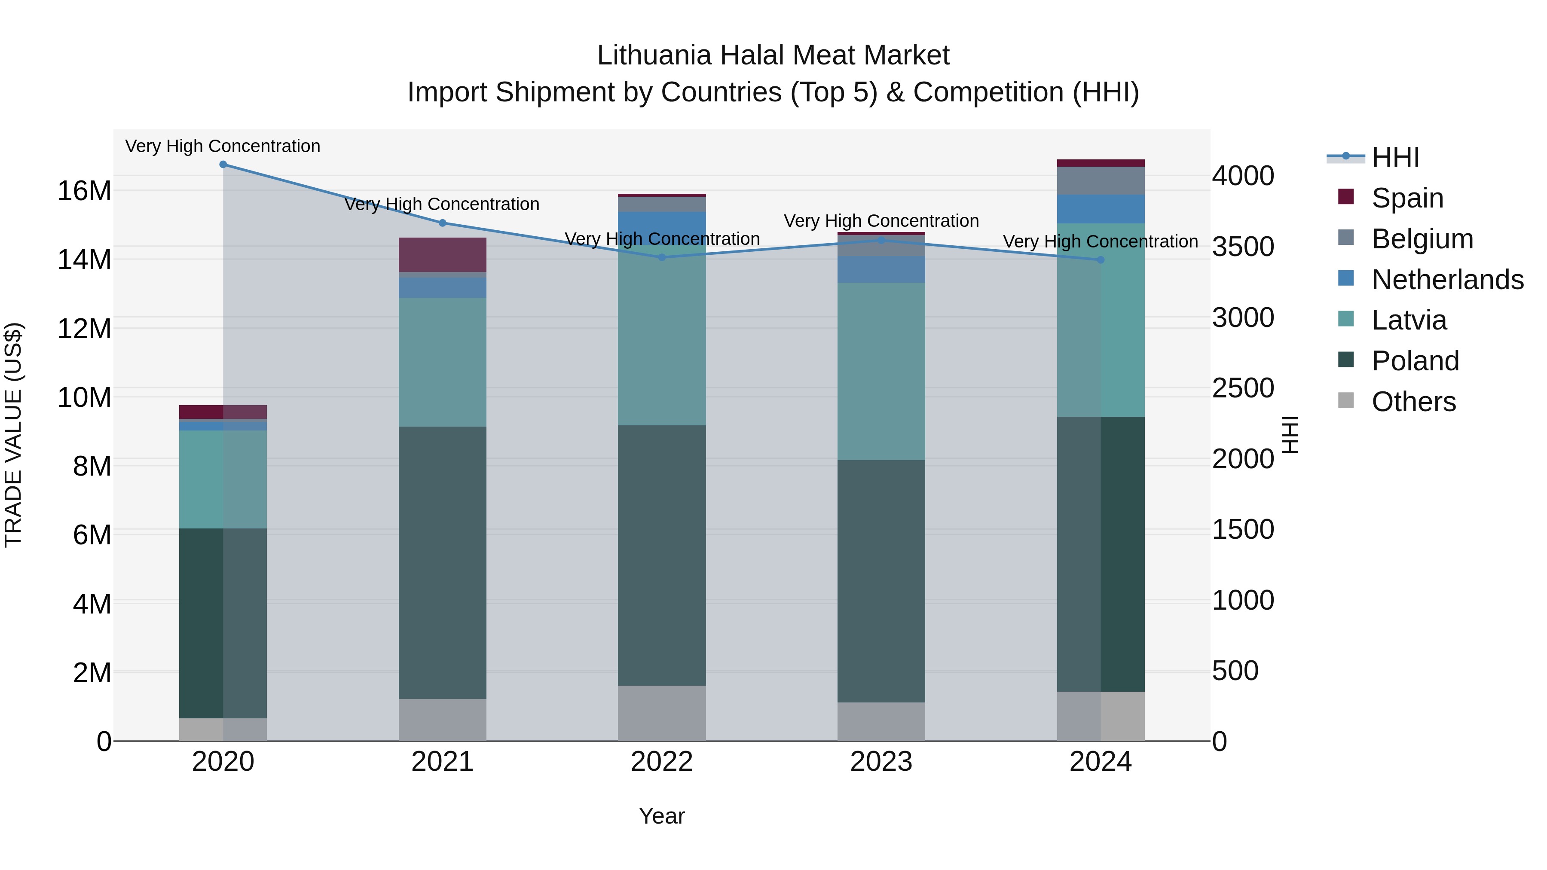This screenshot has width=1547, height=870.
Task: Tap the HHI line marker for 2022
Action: point(662,258)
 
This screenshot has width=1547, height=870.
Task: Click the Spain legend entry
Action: point(1407,198)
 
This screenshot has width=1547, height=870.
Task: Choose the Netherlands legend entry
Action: point(1447,280)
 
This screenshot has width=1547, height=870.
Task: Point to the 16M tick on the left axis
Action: point(84,191)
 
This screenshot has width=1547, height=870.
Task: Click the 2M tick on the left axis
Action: point(91,672)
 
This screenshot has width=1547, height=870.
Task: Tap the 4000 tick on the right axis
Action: point(1242,176)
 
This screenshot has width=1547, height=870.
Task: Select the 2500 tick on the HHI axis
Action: point(1242,388)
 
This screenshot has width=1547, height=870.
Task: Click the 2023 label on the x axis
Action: point(881,762)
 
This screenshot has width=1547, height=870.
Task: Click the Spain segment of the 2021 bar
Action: point(443,255)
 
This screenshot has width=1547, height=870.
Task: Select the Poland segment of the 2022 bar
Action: point(662,556)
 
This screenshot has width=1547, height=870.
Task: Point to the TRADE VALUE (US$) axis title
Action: point(13,435)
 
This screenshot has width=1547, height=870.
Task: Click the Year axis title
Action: point(662,816)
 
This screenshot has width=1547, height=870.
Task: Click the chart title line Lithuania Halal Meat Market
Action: point(773,55)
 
